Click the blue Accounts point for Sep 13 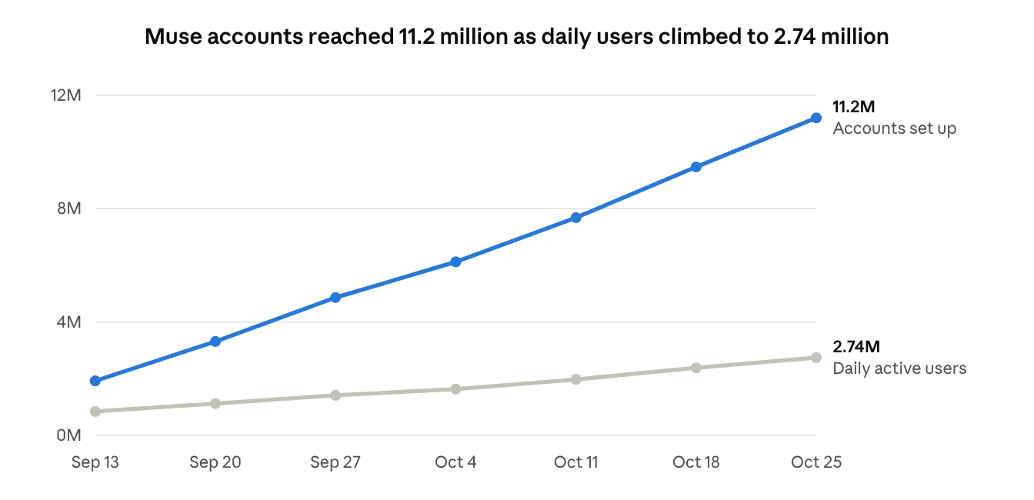(x=95, y=381)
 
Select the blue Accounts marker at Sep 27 (x=335, y=298)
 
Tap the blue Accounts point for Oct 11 (x=575, y=218)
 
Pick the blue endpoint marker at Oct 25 (x=816, y=118)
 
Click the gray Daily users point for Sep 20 (x=215, y=404)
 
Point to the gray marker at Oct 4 (x=455, y=389)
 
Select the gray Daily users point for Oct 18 (x=696, y=368)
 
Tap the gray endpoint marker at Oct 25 (x=816, y=358)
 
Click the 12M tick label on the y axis (x=65, y=95)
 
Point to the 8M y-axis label (x=69, y=208)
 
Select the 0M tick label (x=68, y=435)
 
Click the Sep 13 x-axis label (x=95, y=462)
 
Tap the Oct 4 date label (x=455, y=462)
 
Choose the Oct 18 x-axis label (x=696, y=462)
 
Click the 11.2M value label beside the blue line (x=853, y=107)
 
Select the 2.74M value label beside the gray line (x=856, y=346)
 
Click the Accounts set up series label (x=895, y=128)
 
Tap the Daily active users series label (x=899, y=368)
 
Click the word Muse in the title (x=174, y=36)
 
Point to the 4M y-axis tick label (x=68, y=322)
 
